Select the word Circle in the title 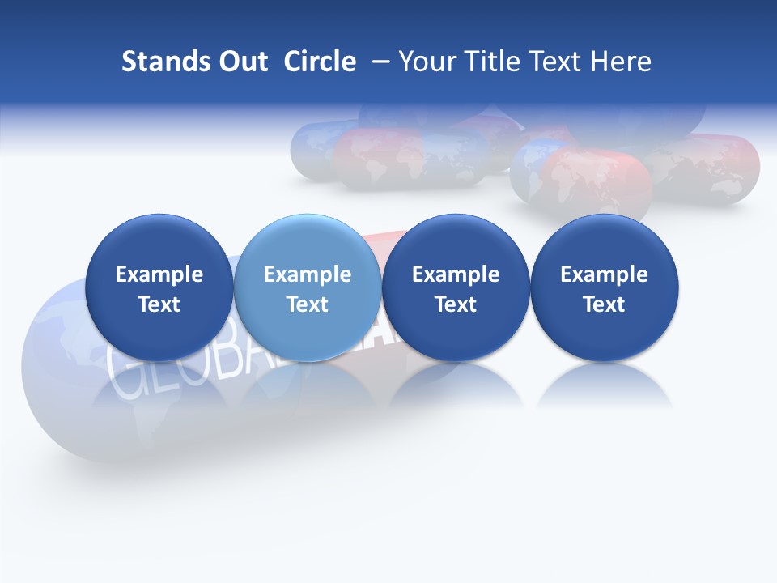click(320, 62)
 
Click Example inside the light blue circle click(308, 274)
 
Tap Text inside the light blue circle click(308, 304)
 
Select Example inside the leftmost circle click(159, 274)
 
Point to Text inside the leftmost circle click(159, 304)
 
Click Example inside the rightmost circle click(604, 274)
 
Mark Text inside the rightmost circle click(604, 304)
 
